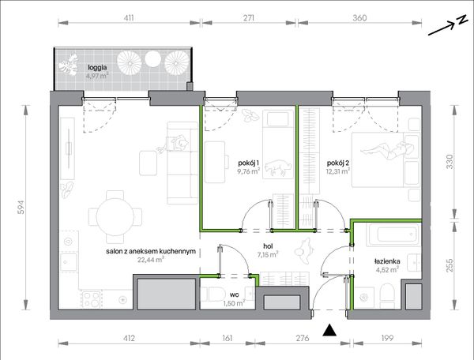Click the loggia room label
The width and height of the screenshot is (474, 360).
97,67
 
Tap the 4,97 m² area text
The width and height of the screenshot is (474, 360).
97,76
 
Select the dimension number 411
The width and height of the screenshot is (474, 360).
129,18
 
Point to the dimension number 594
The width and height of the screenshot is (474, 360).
21,208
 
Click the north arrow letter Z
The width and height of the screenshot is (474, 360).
461,20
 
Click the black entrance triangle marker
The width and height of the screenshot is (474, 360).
329,331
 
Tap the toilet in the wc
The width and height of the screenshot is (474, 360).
216,294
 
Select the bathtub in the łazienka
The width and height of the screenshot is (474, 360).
393,234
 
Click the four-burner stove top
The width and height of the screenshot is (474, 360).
92,299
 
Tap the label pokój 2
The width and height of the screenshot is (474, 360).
338,163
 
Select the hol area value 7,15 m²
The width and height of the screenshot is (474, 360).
268,254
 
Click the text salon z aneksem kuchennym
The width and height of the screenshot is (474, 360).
151,251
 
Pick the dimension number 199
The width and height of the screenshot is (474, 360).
387,338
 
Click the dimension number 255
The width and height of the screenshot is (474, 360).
450,264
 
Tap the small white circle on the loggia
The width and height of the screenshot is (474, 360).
152,59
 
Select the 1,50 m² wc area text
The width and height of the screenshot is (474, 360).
235,303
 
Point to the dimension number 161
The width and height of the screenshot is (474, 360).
227,338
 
